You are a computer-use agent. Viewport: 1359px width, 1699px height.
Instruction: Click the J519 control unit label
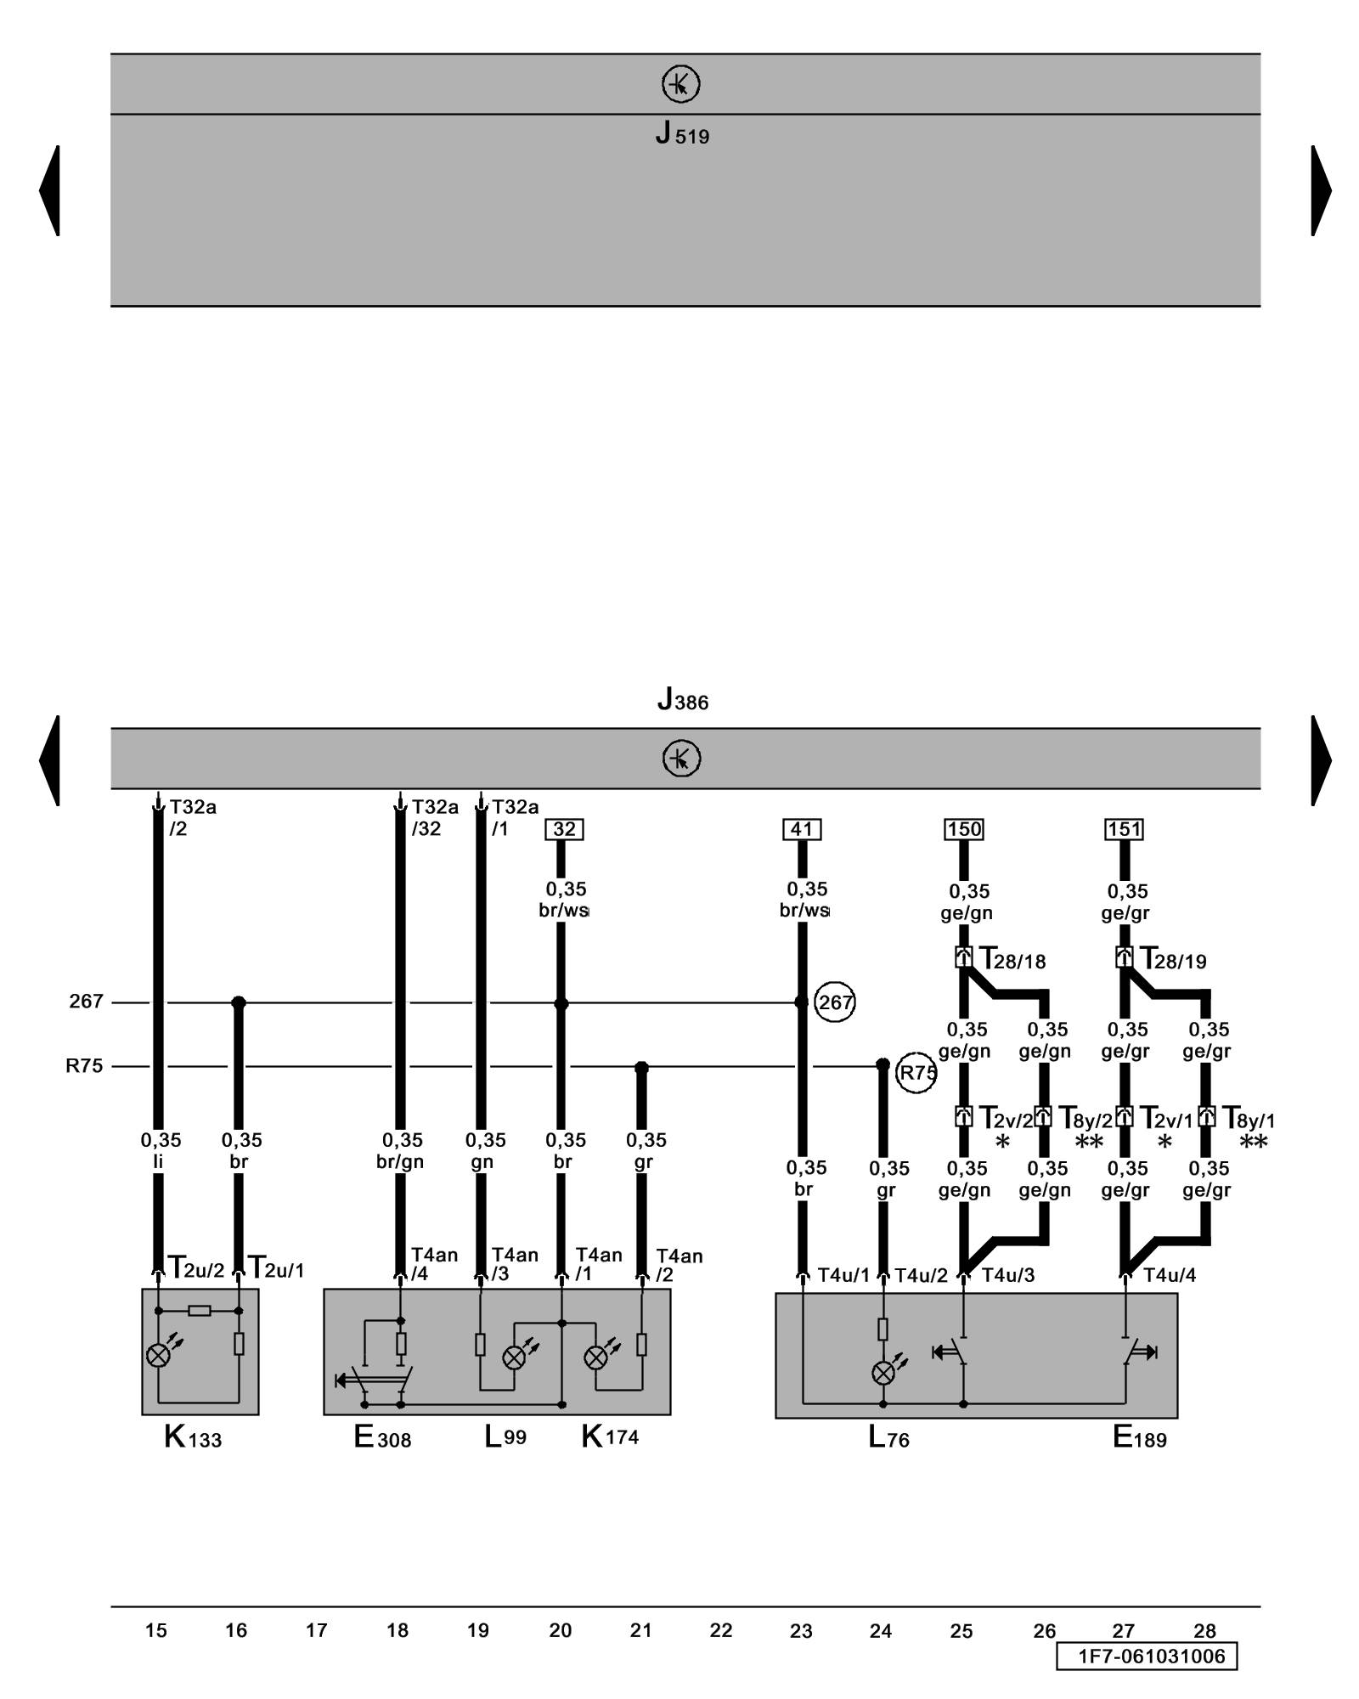[x=682, y=134]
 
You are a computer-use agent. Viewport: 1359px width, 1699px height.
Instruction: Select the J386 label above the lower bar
[x=683, y=700]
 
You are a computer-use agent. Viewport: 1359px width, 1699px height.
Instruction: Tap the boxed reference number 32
[x=564, y=829]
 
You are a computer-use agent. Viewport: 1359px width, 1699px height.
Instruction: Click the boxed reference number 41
[x=802, y=829]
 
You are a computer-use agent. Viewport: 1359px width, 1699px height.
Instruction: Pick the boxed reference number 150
[x=964, y=829]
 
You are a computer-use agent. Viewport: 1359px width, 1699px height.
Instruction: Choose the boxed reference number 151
[x=1124, y=829]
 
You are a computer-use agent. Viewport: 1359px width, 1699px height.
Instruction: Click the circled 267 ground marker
[x=835, y=1003]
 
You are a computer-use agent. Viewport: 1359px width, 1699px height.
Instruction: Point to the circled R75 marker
[x=916, y=1073]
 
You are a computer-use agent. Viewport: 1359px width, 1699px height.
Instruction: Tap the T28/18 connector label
[x=1012, y=960]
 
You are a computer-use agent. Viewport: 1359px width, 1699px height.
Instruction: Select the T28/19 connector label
[x=1173, y=960]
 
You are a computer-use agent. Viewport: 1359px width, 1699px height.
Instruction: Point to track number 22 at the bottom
[x=721, y=1631]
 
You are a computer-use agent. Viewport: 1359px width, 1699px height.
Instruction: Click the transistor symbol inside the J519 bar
[x=680, y=84]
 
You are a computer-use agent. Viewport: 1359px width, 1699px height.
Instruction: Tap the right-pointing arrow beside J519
[x=1321, y=190]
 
